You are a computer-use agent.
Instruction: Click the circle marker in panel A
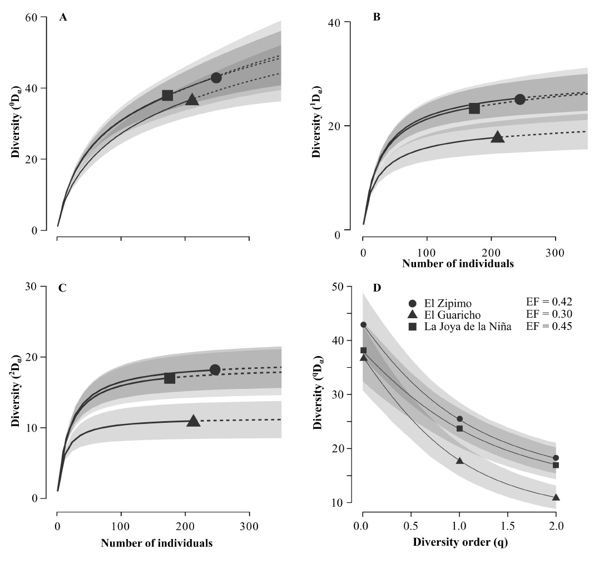(216, 77)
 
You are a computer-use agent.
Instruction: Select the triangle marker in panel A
(192, 100)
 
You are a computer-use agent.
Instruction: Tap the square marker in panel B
(474, 108)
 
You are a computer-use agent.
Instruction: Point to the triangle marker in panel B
(497, 136)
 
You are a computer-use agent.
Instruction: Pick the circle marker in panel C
(215, 370)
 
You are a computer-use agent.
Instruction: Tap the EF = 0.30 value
(550, 314)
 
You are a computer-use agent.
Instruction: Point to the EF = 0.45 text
(550, 326)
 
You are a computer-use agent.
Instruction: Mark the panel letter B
(377, 17)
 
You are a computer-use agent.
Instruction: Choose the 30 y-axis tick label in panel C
(38, 287)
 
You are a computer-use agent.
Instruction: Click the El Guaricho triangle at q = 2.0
(556, 497)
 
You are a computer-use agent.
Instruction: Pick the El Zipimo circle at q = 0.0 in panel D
(363, 325)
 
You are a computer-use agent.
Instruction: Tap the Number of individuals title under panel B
(458, 264)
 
